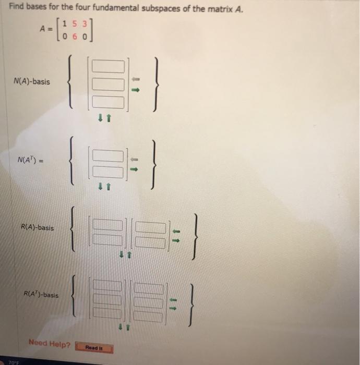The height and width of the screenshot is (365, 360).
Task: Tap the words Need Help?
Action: point(50,343)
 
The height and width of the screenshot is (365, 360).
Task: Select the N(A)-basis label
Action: point(33,82)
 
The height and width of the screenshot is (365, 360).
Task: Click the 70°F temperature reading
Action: point(9,361)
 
